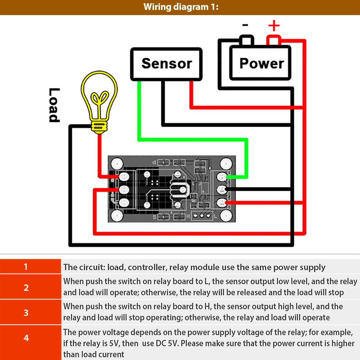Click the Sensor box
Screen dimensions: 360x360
tap(166, 63)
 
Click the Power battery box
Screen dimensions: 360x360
tap(260, 63)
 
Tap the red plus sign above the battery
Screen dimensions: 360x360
tap(274, 26)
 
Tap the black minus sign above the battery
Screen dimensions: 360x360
tap(245, 25)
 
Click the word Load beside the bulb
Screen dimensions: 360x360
tap(54, 105)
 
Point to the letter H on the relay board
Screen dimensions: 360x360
tap(188, 217)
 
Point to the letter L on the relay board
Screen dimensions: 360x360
tap(215, 217)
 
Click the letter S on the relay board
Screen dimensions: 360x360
tap(155, 217)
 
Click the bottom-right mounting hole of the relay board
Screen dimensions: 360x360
tap(226, 215)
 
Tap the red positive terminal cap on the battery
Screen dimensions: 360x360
tap(274, 40)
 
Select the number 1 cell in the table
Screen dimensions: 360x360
tap(26, 267)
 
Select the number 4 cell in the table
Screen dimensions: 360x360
tap(26, 338)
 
